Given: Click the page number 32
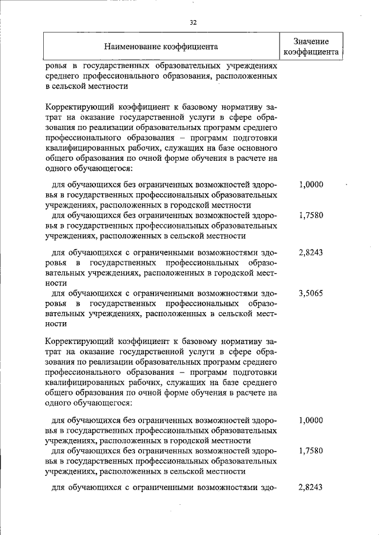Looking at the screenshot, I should pyautogui.click(x=193, y=22).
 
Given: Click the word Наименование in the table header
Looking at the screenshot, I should pyautogui.click(x=132, y=46).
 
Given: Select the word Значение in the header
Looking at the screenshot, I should pyautogui.click(x=311, y=41).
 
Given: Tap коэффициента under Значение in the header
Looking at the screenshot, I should pyautogui.click(x=311, y=51).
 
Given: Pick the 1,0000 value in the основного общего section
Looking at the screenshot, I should pyautogui.click(x=311, y=184).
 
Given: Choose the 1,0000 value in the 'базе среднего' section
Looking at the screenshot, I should pyautogui.click(x=311, y=420).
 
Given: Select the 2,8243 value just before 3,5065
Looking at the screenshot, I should pyautogui.click(x=311, y=251).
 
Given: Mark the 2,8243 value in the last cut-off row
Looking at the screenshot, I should pyautogui.click(x=311, y=487).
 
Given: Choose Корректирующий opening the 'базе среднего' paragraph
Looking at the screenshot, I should pyautogui.click(x=78, y=342).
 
